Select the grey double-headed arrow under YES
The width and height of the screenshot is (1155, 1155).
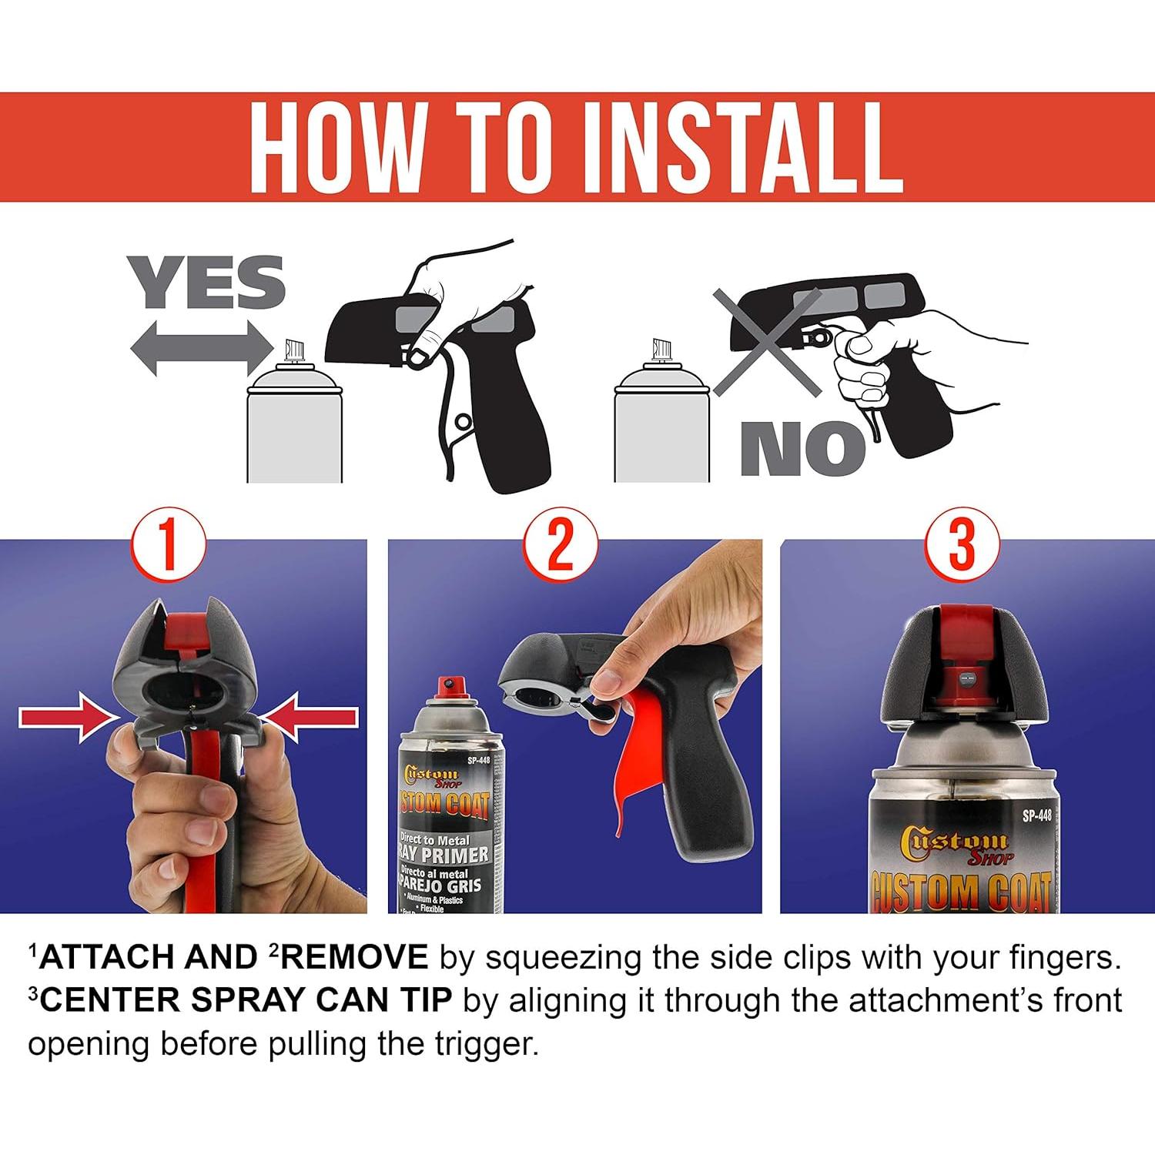(202, 347)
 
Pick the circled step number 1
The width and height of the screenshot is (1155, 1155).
(168, 545)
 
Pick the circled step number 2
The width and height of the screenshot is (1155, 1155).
(561, 545)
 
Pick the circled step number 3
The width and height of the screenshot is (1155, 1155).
(961, 545)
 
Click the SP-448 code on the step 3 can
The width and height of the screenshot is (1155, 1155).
(1036, 816)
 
